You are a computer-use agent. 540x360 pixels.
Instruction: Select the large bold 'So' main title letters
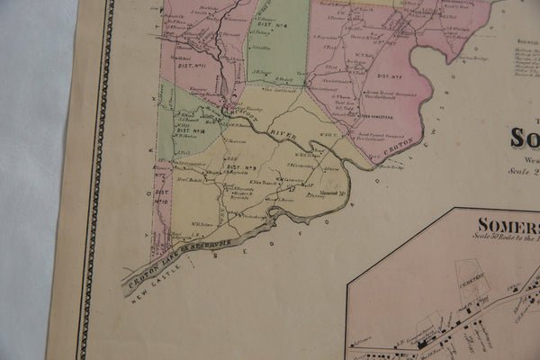click(525, 137)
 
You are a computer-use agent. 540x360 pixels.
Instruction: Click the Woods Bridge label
click(391, 166)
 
